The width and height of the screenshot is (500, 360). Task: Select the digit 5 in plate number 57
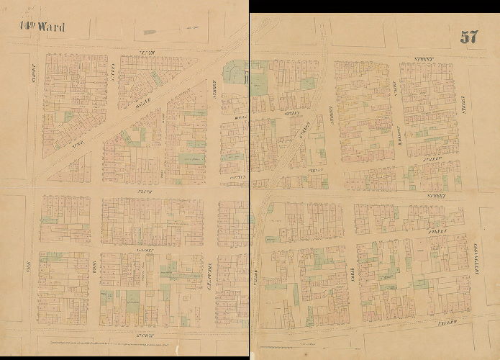[x=464, y=37]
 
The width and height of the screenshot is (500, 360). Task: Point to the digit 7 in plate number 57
[x=474, y=37]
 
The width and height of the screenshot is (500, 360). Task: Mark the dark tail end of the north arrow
[x=150, y=32]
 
